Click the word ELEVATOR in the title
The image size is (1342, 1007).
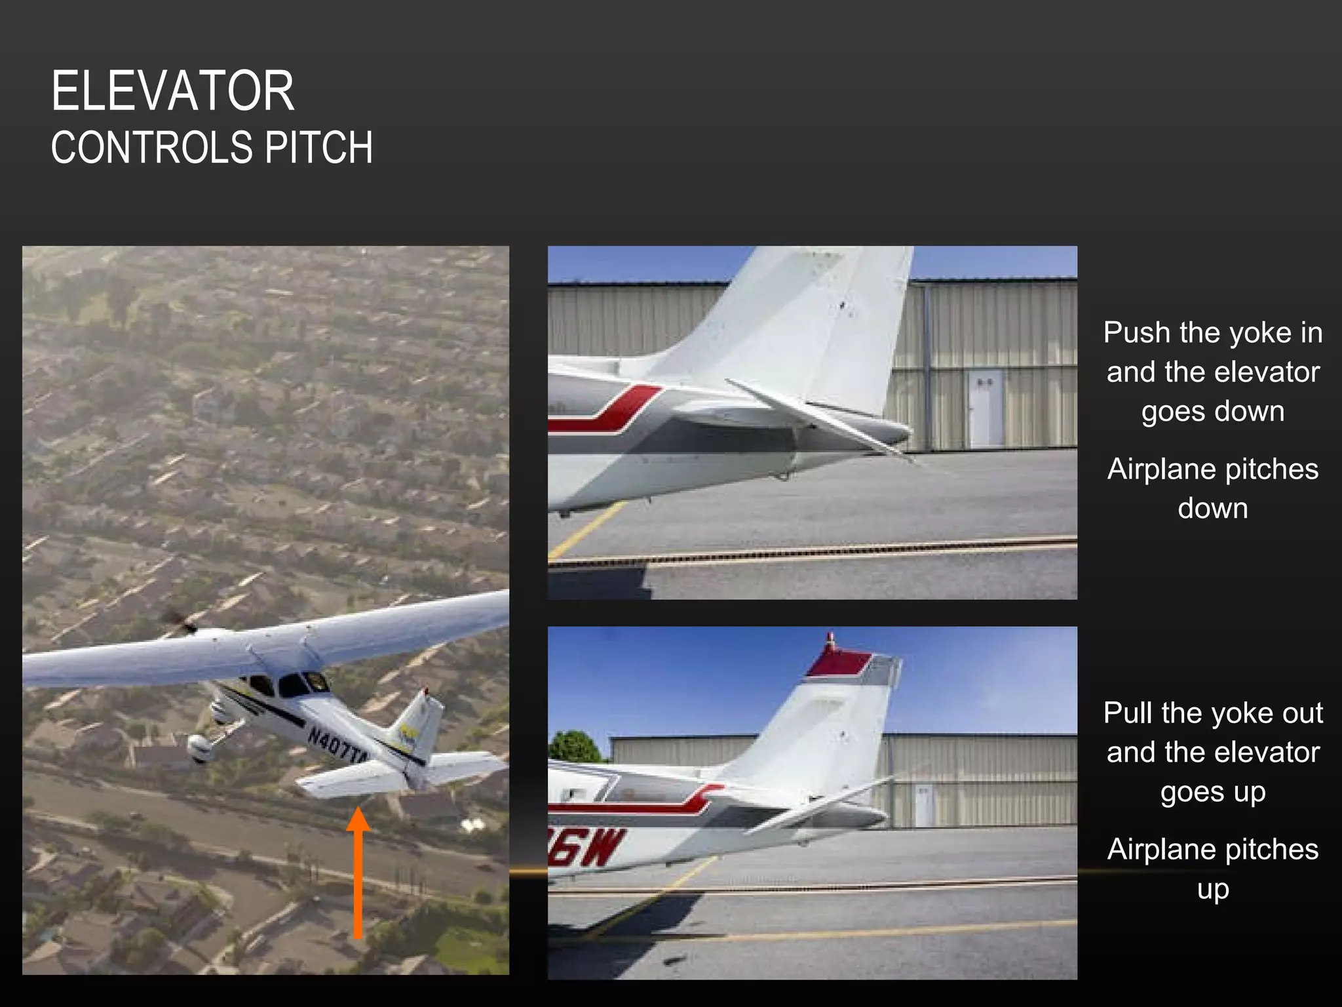coord(172,92)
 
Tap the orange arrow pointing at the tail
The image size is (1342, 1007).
coord(358,872)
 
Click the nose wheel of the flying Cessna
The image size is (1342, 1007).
coord(198,747)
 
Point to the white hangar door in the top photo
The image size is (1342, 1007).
coord(986,408)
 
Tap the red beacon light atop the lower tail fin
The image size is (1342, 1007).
coord(831,640)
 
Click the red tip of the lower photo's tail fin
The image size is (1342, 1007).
coord(837,663)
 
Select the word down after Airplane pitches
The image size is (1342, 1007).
coord(1212,509)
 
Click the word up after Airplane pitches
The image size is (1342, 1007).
coord(1212,890)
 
